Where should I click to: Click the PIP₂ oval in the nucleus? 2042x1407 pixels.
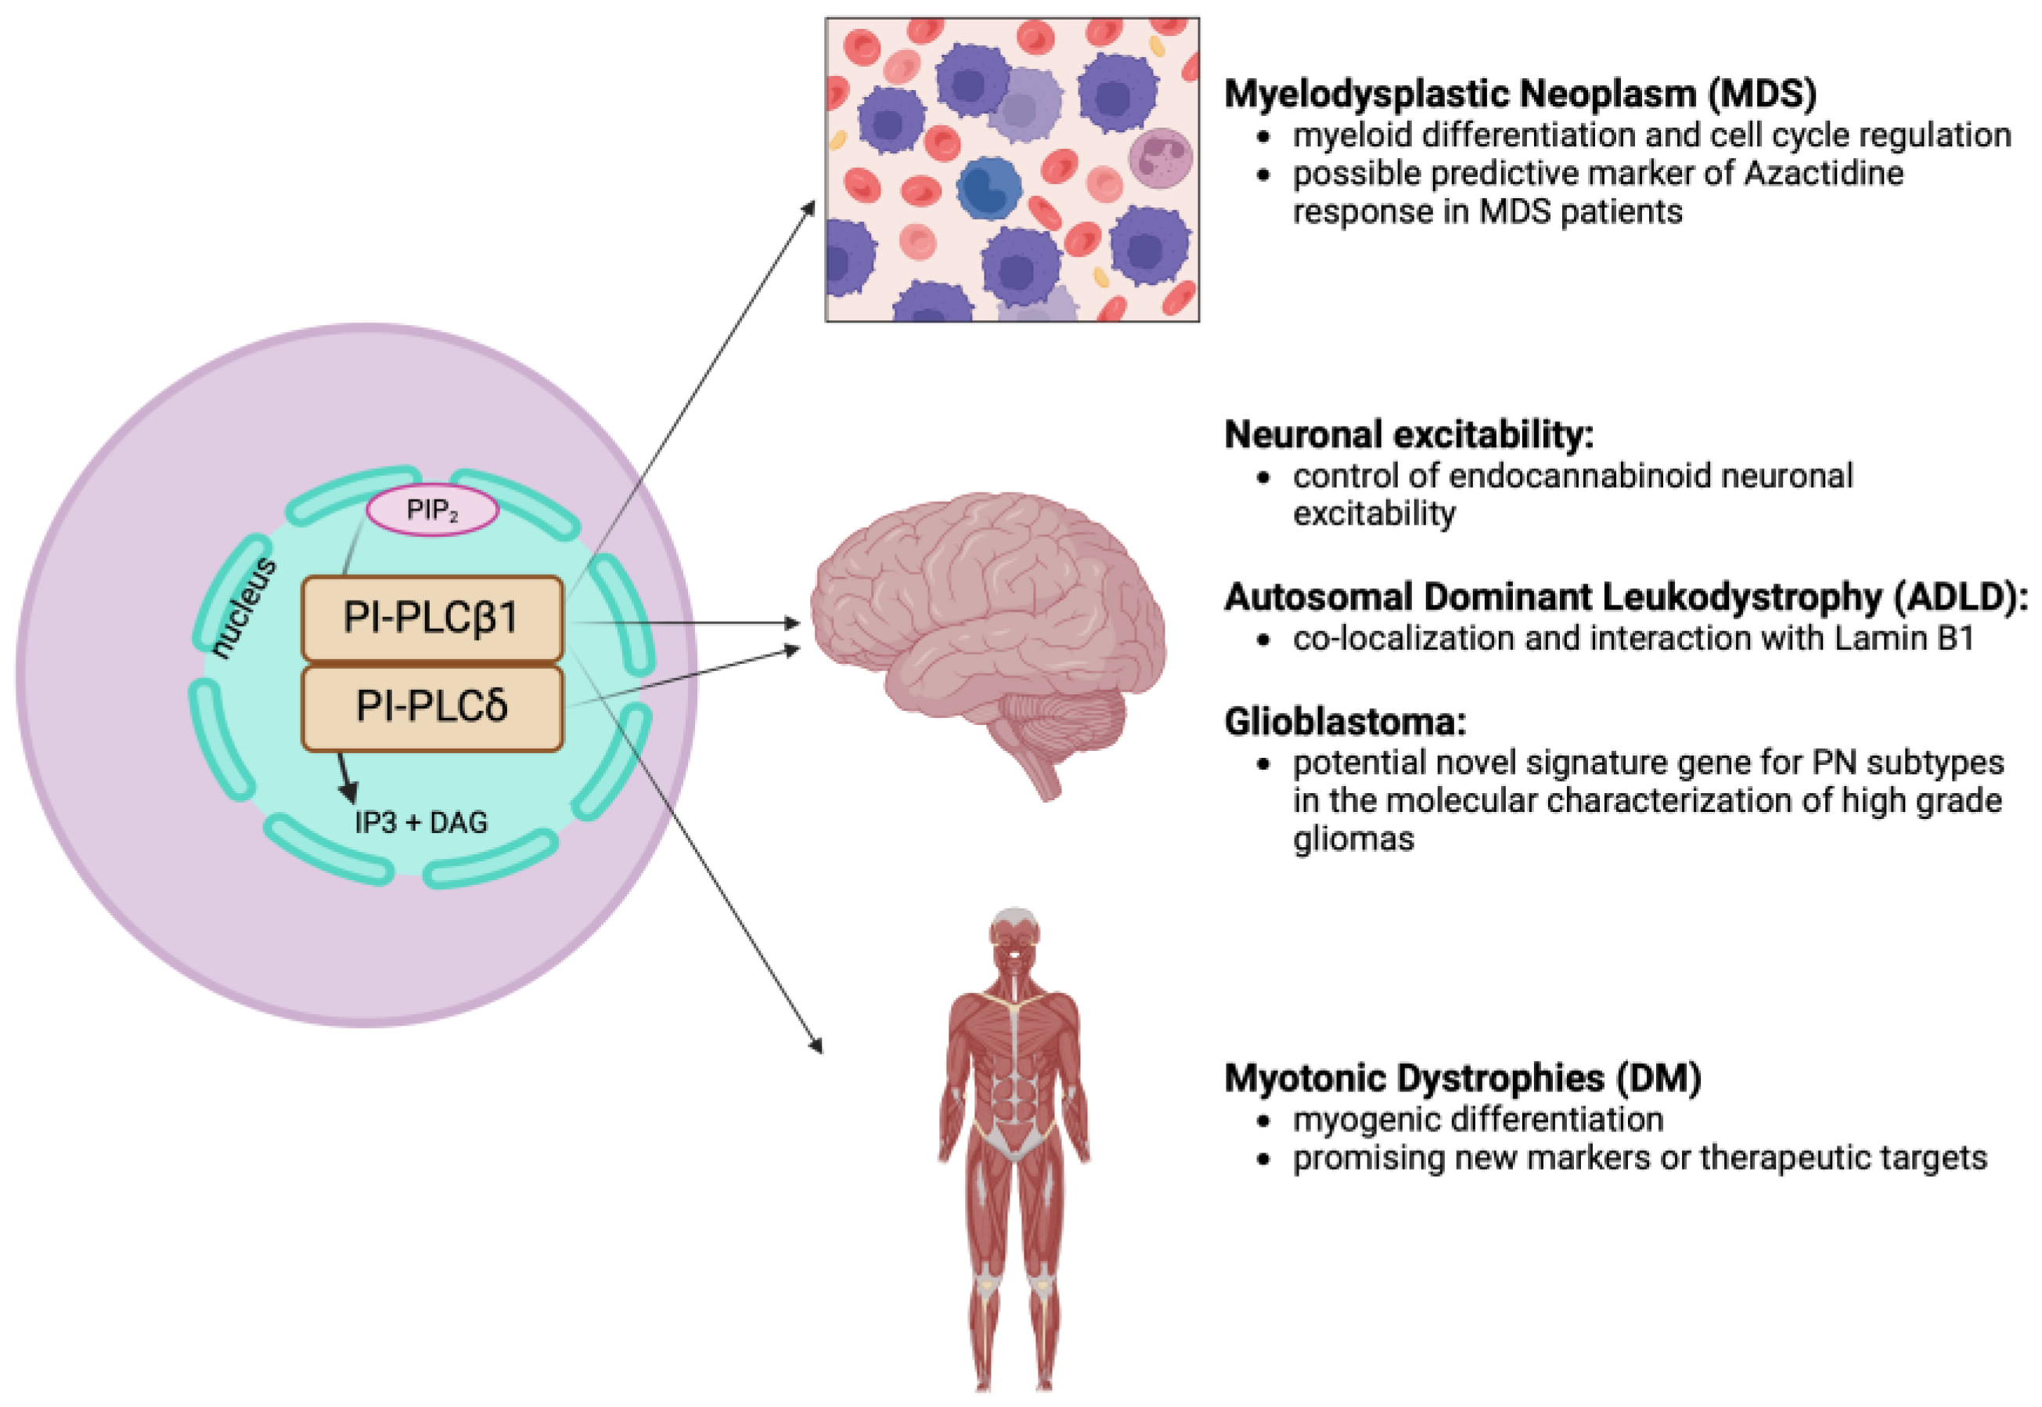(432, 510)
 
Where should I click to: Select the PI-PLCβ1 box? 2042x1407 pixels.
(432, 618)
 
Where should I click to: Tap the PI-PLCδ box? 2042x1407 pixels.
(432, 707)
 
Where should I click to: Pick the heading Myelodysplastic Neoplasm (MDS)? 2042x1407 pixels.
(1520, 93)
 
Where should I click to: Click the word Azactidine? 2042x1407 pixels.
(1824, 174)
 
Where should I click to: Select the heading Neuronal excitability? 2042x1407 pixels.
(1408, 435)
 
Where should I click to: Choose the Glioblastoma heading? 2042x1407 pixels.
(1345, 722)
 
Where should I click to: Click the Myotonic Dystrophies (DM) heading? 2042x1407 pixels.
(1462, 1078)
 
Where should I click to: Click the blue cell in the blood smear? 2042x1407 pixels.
(988, 189)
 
